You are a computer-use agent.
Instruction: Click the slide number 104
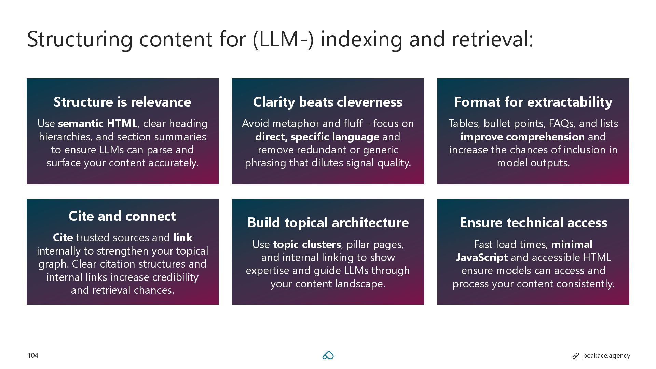(33, 356)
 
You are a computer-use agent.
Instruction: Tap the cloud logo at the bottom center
(328, 356)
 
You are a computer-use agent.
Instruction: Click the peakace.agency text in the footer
(606, 356)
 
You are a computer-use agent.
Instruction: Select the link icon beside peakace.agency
(576, 356)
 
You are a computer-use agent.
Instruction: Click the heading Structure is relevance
(122, 102)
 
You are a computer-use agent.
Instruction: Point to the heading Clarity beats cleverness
(328, 102)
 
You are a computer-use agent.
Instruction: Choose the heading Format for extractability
(533, 102)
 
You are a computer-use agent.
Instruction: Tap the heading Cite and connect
(122, 216)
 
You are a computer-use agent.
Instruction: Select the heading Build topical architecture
(328, 222)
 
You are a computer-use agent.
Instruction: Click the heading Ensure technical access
(533, 222)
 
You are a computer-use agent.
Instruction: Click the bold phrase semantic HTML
(98, 123)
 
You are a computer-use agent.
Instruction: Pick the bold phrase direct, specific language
(317, 137)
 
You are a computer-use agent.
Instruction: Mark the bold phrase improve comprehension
(522, 137)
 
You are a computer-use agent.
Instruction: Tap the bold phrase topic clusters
(307, 244)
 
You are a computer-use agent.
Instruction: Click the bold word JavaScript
(482, 257)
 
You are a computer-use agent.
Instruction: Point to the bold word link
(183, 237)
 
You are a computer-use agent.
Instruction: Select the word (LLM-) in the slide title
(283, 39)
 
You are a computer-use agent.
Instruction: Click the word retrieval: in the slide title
(492, 39)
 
